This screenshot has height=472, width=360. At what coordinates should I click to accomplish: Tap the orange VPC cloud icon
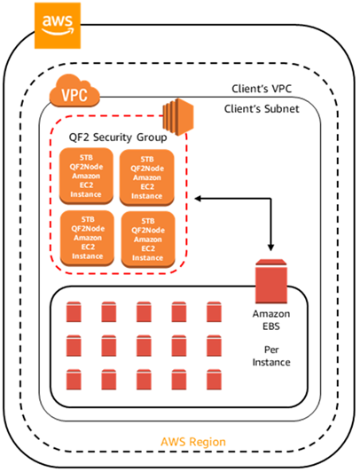(x=74, y=90)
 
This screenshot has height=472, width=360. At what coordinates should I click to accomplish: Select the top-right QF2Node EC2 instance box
(x=146, y=178)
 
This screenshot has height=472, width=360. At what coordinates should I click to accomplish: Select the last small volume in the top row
(x=213, y=311)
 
